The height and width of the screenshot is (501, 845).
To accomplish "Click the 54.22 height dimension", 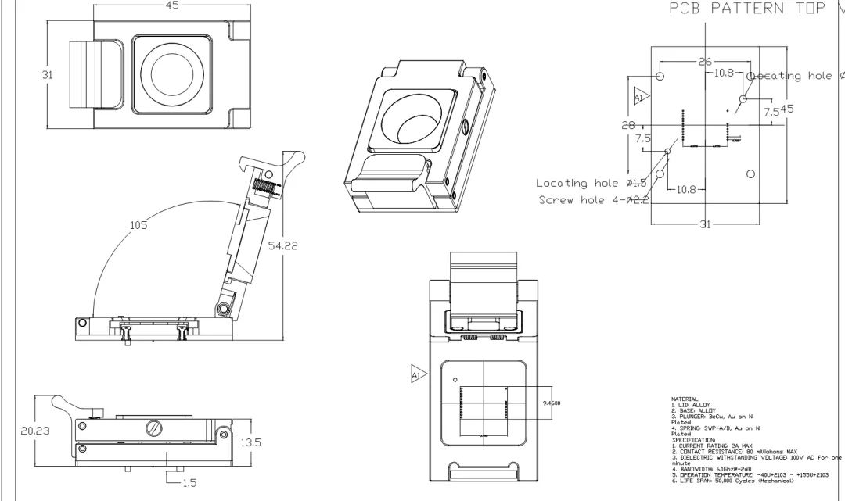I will coord(282,246).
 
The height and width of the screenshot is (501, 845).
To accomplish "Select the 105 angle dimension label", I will coord(139,225).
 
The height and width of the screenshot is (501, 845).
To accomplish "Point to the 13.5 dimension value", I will coord(250,442).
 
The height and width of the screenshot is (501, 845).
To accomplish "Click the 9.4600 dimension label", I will coord(551,403).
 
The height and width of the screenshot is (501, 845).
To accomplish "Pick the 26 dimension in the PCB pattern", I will coord(705,62).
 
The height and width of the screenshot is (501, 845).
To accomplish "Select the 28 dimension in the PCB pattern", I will coord(628,125).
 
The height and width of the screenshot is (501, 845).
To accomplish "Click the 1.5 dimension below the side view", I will coord(189,483).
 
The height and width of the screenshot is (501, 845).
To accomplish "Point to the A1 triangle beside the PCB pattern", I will coord(640,98).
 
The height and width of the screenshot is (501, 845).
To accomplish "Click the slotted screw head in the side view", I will coord(154,428).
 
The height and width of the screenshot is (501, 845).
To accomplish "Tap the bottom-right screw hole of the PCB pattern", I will coord(750,173).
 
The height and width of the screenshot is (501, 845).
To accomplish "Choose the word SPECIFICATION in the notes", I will coord(692,439).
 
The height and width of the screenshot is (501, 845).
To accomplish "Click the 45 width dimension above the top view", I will coord(172,5).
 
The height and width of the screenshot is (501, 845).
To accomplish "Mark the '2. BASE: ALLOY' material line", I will coord(693,410).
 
